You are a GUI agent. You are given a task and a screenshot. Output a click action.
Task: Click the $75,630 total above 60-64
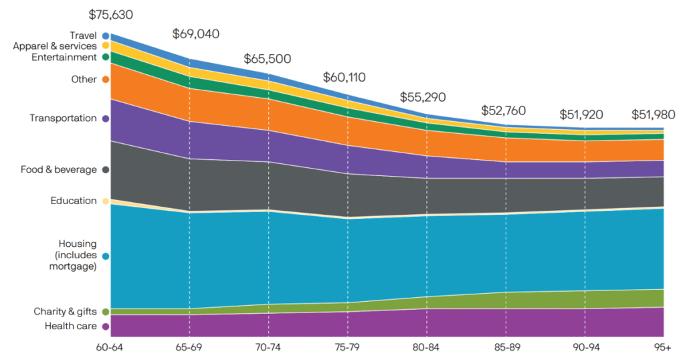[112, 14]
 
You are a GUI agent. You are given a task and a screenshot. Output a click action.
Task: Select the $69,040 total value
[196, 33]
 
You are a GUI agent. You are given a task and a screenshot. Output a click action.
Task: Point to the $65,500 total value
[268, 59]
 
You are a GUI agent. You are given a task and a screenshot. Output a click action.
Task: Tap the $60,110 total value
[345, 77]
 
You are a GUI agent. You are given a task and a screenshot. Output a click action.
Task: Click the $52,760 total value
[504, 110]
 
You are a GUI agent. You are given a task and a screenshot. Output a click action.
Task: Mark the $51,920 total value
[584, 114]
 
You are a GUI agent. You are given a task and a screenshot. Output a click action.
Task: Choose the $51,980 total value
[654, 114]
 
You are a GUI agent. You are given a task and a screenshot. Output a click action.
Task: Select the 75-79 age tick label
[348, 349]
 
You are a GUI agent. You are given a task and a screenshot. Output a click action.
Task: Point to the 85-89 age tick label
[506, 349]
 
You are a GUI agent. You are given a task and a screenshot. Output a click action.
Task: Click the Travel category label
[84, 35]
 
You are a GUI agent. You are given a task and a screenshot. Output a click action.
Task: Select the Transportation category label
[63, 118]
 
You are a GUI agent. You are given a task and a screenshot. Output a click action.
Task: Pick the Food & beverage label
[59, 170]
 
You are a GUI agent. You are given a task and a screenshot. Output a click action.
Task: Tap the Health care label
[71, 327]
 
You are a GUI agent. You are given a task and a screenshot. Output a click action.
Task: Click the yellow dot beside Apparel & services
[106, 46]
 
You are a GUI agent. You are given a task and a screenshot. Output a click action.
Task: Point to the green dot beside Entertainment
[106, 58]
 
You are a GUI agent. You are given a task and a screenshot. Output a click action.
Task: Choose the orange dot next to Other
[106, 80]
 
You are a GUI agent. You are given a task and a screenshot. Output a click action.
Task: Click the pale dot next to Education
[106, 201]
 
